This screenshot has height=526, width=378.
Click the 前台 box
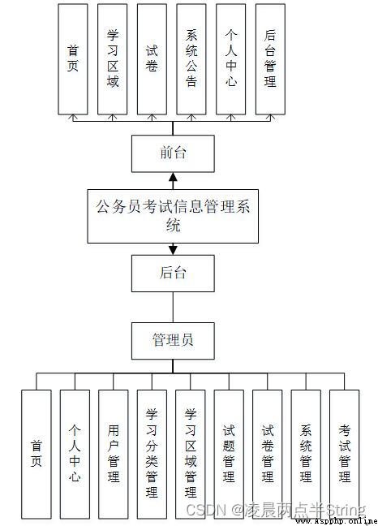click(173, 153)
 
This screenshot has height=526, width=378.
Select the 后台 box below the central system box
click(173, 273)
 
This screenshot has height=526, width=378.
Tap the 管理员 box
click(173, 341)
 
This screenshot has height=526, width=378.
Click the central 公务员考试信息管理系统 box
click(173, 216)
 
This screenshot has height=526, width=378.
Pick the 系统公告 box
click(191, 59)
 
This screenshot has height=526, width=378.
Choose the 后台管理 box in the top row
click(270, 59)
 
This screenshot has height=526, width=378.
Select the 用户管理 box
click(114, 455)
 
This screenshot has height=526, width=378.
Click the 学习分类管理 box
click(152, 455)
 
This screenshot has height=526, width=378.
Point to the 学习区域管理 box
click(191, 455)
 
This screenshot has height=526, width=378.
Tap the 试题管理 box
click(229, 455)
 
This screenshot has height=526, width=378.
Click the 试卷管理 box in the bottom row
click(268, 455)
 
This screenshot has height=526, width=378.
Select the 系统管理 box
click(306, 455)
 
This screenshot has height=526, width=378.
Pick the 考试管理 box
click(345, 455)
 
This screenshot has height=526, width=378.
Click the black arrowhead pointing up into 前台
click(173, 177)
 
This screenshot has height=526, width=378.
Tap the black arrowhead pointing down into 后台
click(173, 250)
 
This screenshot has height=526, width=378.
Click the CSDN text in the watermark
click(206, 510)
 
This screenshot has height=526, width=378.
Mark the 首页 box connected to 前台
click(73, 59)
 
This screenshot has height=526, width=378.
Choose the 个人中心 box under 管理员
click(75, 455)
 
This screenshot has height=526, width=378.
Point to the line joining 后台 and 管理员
click(173, 308)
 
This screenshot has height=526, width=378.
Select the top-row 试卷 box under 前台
click(152, 59)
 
